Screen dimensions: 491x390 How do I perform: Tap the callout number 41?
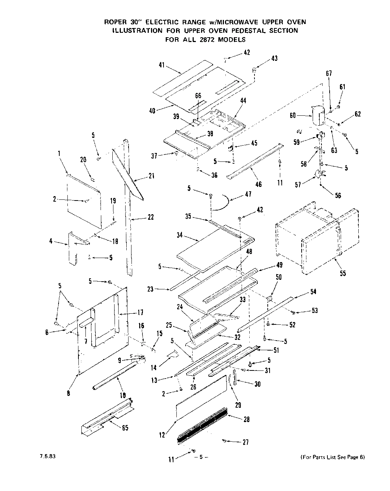click(162, 65)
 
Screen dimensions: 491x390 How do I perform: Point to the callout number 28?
click(246, 419)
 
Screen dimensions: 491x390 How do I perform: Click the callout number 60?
click(293, 115)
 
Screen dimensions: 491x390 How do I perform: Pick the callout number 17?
click(140, 313)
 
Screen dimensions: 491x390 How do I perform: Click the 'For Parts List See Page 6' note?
click(333, 457)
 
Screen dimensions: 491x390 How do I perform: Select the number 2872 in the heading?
click(205, 39)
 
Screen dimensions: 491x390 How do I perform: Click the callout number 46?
click(259, 184)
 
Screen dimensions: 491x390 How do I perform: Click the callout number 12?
click(162, 435)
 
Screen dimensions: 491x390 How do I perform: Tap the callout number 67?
click(329, 73)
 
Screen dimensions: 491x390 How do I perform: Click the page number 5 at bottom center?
click(201, 457)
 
